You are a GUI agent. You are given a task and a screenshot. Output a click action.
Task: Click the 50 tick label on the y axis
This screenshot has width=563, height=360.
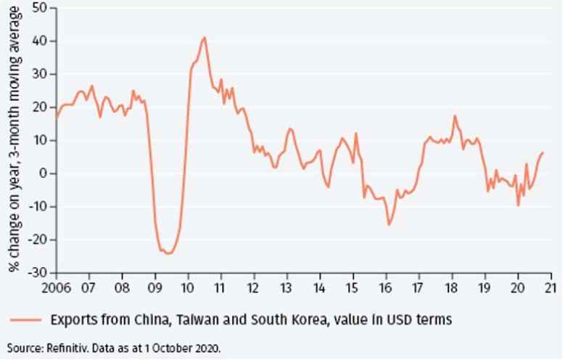tap(39, 8)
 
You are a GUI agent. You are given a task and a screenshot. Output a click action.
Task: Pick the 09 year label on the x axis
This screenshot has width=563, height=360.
tap(155, 286)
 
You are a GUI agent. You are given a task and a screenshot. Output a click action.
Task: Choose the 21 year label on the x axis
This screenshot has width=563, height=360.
tap(551, 286)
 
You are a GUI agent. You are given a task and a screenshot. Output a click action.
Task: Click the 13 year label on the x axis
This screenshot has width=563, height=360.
tap(287, 286)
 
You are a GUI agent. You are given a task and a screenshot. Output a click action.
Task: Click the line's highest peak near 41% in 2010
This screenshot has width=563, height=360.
tap(205, 37)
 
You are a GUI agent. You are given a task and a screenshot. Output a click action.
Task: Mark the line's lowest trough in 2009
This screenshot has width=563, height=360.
tap(168, 253)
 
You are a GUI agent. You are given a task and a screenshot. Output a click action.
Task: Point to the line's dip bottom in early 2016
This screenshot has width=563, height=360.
tap(389, 224)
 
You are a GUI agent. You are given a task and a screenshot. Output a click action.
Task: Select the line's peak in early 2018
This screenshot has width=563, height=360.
tap(455, 116)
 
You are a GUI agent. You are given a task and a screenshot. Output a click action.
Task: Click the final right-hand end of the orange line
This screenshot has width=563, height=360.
tap(543, 152)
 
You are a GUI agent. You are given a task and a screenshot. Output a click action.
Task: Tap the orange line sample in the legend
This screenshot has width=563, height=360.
tap(26, 319)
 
